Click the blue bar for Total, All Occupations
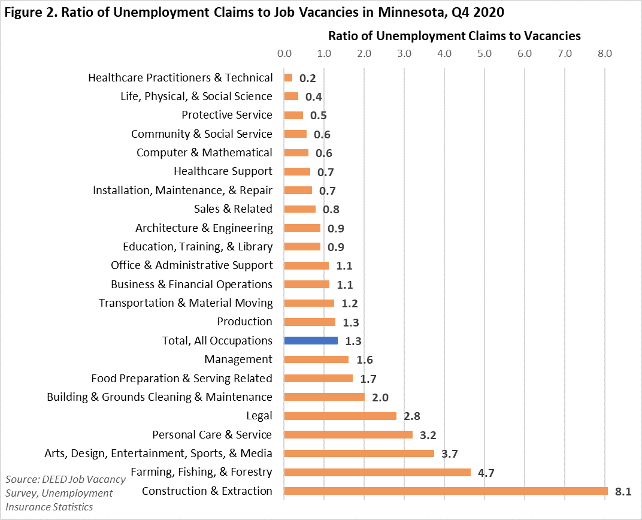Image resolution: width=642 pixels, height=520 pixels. (x=311, y=341)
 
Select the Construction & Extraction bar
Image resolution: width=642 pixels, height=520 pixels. (x=446, y=491)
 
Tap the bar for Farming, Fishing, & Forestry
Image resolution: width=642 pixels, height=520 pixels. (x=377, y=472)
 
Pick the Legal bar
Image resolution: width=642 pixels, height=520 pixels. (x=340, y=416)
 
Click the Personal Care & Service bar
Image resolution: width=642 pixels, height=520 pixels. (x=348, y=434)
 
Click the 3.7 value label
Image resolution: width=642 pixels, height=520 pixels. (x=450, y=454)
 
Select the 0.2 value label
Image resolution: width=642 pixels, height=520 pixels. (x=308, y=78)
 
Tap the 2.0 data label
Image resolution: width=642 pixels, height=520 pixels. (x=380, y=398)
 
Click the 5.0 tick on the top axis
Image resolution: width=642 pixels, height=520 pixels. (x=484, y=54)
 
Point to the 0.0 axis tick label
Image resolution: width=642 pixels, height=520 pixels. (x=284, y=54)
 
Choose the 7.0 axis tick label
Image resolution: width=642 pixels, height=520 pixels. (x=565, y=54)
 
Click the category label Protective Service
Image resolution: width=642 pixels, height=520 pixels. (x=227, y=115)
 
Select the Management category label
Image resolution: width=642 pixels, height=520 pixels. (x=238, y=359)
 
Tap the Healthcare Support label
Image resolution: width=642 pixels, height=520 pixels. (x=223, y=171)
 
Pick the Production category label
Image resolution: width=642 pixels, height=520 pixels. (x=244, y=322)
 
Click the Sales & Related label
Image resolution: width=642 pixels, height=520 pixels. (x=233, y=209)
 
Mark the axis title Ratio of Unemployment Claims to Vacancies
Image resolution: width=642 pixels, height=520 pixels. (x=455, y=36)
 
